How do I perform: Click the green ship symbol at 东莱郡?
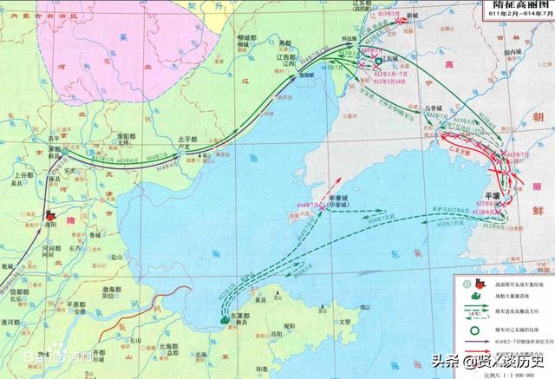tap(225, 319)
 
